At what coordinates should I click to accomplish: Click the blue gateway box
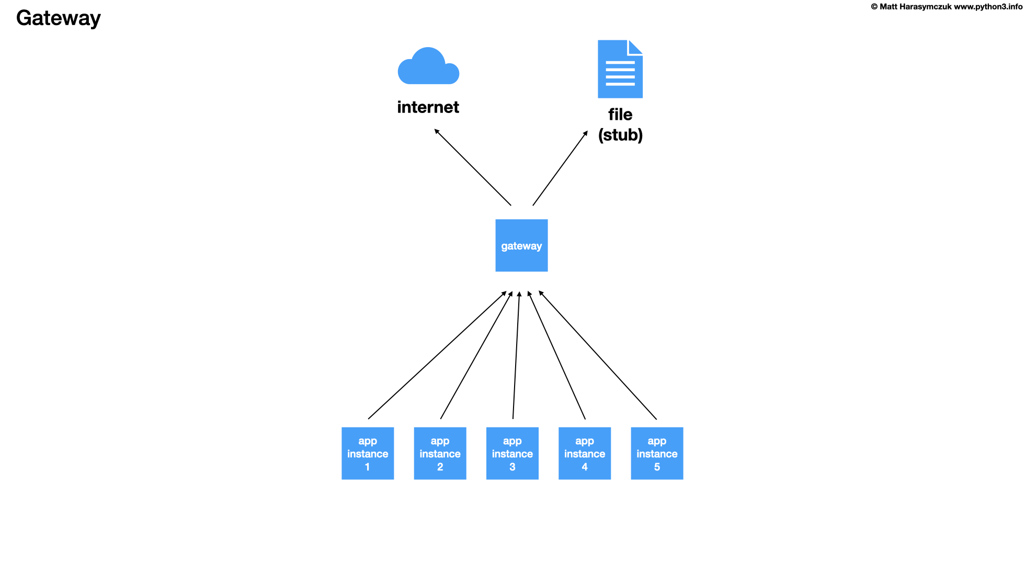[521, 245]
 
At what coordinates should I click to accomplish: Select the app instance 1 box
[368, 453]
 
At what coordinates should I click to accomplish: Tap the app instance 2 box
[440, 453]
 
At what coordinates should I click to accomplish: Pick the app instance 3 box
[512, 453]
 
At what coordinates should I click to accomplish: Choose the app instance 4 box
[585, 453]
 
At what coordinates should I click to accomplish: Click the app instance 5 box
[657, 453]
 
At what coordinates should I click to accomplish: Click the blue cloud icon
[428, 69]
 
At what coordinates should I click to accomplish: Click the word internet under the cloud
[428, 107]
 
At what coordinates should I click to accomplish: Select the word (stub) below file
[620, 135]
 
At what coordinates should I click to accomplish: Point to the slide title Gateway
[58, 18]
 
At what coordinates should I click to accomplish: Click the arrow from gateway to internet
[473, 167]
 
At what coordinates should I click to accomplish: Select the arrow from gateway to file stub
[560, 168]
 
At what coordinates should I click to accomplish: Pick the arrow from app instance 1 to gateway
[437, 355]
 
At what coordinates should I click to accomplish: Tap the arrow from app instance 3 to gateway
[516, 356]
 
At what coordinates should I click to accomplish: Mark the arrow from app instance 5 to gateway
[598, 355]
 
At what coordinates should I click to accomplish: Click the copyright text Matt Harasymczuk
[915, 7]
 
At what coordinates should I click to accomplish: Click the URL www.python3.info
[988, 7]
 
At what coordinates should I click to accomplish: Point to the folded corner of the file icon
[635, 47]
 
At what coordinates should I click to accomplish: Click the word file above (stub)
[620, 115]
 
